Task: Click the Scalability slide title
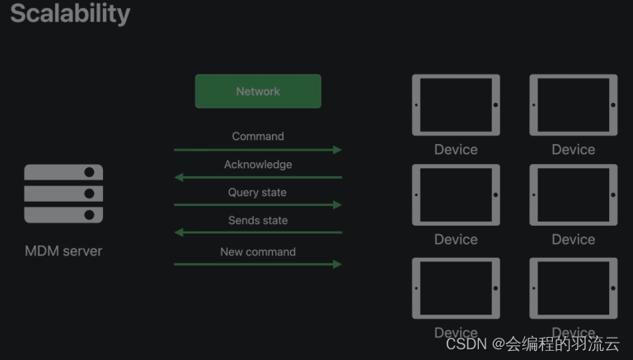point(70,13)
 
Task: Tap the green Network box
point(258,91)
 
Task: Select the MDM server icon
point(63,194)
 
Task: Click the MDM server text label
point(63,250)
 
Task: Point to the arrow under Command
point(257,150)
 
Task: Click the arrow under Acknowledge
point(257,177)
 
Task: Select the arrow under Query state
point(257,204)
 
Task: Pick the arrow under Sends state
point(257,232)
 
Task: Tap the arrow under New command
point(257,264)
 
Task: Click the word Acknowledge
point(258,165)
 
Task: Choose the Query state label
point(257,193)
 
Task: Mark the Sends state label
point(258,221)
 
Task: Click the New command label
point(257,252)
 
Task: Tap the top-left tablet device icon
point(456,105)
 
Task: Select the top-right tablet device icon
point(573,105)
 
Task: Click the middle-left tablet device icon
point(456,195)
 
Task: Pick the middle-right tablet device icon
point(573,195)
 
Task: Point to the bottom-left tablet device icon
point(456,288)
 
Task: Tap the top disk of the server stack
point(63,172)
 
